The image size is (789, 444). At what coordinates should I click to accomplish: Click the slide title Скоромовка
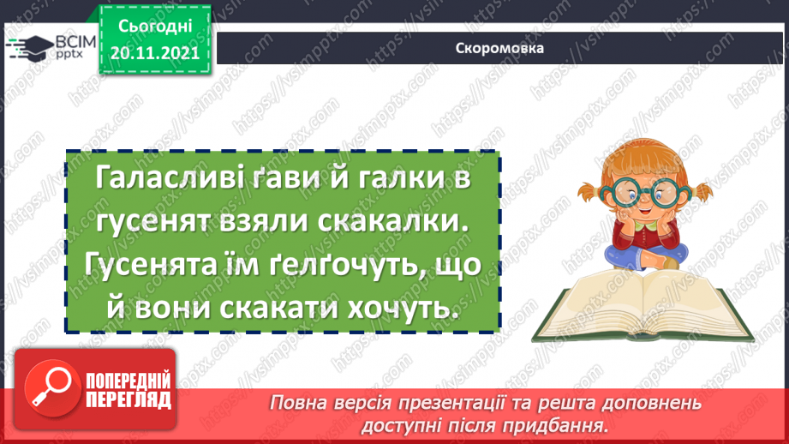[x=499, y=48]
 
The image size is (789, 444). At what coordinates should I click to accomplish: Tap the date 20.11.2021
[x=154, y=51]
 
